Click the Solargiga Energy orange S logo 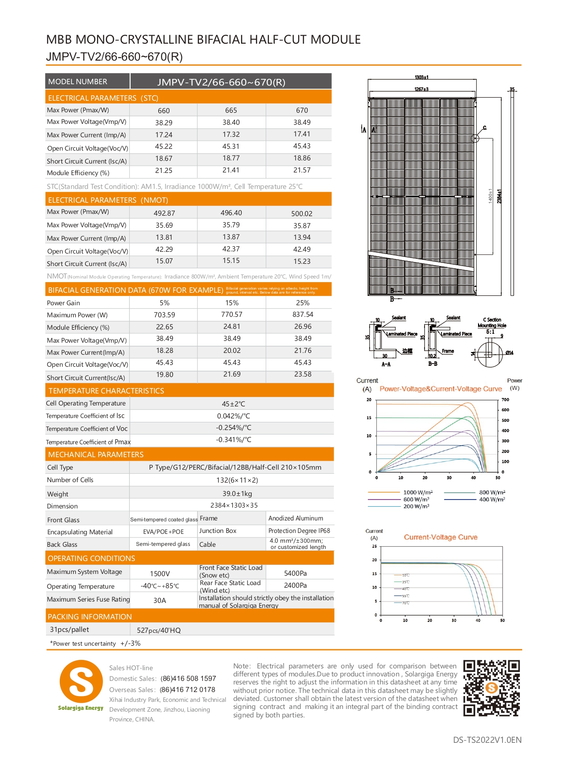tap(81, 681)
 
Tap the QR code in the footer tap(491, 688)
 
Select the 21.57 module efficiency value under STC tap(302, 170)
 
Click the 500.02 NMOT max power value tap(302, 213)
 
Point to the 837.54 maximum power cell tap(303, 315)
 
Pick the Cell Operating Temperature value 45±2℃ tap(234, 404)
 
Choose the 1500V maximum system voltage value tap(160, 573)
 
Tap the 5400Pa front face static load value tap(295, 573)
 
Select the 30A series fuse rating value tap(160, 600)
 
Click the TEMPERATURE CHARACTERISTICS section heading tap(106, 391)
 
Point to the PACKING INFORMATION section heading tap(90, 617)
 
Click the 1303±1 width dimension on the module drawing tap(421, 78)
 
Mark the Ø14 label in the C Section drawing tap(509, 353)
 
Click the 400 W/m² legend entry tap(492, 500)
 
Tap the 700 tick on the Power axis tap(505, 400)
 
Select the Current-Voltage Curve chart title tap(441, 537)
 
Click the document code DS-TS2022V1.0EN tap(487, 740)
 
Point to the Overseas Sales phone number tap(187, 689)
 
